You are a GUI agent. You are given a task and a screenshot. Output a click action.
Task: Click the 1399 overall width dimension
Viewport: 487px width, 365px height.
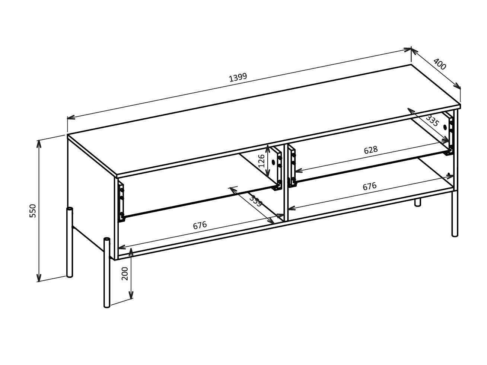click(x=238, y=77)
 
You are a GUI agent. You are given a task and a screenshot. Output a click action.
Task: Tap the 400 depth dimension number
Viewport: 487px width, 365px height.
click(x=439, y=64)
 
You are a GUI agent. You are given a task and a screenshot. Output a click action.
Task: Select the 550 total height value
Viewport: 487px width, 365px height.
click(x=33, y=211)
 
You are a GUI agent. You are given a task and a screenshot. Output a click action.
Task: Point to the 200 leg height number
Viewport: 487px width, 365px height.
click(x=125, y=273)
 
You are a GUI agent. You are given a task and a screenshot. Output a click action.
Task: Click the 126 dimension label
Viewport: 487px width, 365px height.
click(x=262, y=160)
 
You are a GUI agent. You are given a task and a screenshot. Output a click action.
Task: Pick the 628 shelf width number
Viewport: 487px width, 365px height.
click(x=370, y=150)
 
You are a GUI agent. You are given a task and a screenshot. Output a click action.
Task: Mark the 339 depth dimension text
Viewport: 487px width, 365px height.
click(x=255, y=201)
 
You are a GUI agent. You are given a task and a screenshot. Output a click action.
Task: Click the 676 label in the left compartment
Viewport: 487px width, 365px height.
click(x=200, y=225)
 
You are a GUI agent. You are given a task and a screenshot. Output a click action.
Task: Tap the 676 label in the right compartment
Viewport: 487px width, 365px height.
click(x=369, y=186)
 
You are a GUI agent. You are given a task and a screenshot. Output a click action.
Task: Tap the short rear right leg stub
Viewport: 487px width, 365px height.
click(x=418, y=202)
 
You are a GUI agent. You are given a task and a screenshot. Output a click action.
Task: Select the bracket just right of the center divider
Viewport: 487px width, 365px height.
click(x=292, y=166)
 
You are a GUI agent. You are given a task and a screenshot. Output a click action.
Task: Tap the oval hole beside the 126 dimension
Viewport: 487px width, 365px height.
click(x=273, y=162)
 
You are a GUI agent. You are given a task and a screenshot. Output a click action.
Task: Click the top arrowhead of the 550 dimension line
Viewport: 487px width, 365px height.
click(x=39, y=143)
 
